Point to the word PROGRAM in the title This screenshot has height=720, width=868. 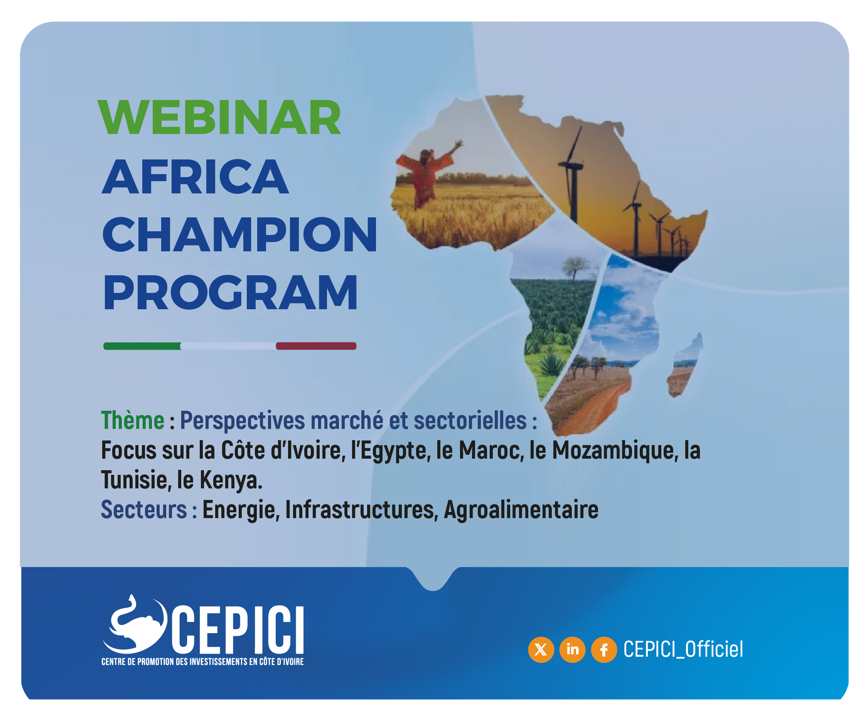click(x=230, y=292)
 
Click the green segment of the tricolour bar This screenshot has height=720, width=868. click(x=142, y=346)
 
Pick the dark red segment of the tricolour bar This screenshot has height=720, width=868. click(x=316, y=346)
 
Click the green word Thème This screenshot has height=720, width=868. click(x=133, y=420)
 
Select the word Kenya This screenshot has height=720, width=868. click(x=231, y=480)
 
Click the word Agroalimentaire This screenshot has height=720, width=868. click(x=521, y=510)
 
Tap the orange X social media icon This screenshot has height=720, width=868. click(x=541, y=650)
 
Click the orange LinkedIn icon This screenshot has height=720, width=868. click(x=573, y=650)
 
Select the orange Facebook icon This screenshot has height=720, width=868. click(x=604, y=650)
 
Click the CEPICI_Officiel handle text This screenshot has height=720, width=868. click(x=683, y=649)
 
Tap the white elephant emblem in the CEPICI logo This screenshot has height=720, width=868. click(x=135, y=624)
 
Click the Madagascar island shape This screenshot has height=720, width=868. click(x=684, y=366)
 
